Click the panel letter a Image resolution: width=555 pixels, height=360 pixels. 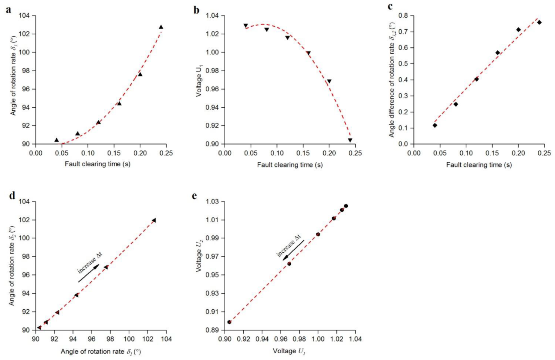click(8, 9)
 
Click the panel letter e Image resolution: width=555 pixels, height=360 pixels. click(194, 196)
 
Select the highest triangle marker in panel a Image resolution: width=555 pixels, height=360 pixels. click(161, 27)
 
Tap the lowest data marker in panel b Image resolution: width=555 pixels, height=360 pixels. click(350, 140)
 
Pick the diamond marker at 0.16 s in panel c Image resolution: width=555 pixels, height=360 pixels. click(498, 53)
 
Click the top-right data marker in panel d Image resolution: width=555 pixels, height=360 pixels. click(154, 220)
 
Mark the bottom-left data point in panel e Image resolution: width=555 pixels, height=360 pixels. click(229, 322)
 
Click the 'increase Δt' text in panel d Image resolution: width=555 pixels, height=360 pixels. click(89, 263)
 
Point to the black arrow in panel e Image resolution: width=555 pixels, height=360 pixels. click(293, 250)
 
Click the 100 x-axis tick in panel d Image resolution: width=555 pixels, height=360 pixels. click(129, 339)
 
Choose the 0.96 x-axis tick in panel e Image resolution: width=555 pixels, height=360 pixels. click(281, 339)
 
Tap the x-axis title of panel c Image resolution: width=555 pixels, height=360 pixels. click(478, 164)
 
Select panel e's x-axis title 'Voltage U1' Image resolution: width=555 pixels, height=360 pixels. click(289, 351)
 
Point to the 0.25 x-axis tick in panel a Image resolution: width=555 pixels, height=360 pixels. click(166, 153)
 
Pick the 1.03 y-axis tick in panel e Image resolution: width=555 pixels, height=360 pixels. click(212, 202)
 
